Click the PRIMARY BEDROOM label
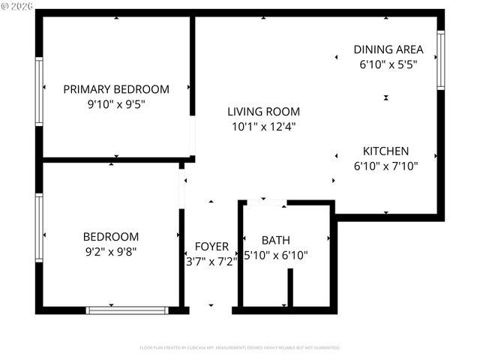[x=116, y=89]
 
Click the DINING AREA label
[x=388, y=49]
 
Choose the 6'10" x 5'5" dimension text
[x=388, y=64]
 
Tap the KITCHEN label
[x=385, y=150]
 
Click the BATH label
[x=275, y=240]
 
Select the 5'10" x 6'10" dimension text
[x=276, y=255]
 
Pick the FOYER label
[x=211, y=246]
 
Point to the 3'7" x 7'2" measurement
[x=211, y=261]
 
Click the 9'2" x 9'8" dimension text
[x=110, y=251]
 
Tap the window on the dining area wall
[x=441, y=60]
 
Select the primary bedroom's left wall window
[x=39, y=91]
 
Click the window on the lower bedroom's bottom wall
[x=127, y=309]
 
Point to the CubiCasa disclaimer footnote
[x=240, y=348]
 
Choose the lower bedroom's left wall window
[x=39, y=228]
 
